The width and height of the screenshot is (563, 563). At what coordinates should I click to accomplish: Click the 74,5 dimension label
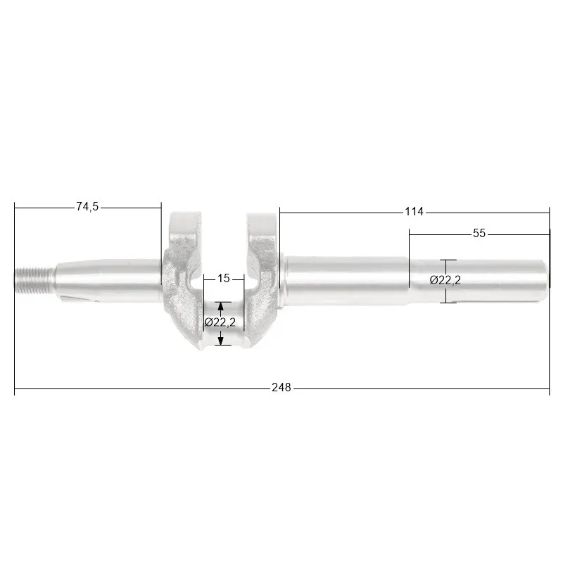click(87, 206)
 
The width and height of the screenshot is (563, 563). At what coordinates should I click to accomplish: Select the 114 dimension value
click(414, 212)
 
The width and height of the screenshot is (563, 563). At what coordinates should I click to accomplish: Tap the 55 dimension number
click(479, 234)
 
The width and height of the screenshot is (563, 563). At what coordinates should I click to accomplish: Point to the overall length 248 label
click(281, 388)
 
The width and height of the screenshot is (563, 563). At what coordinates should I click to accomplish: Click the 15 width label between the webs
click(223, 278)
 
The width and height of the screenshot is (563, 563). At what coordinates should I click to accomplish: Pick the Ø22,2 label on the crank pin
click(220, 322)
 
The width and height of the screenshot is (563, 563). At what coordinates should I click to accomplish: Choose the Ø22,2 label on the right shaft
click(445, 280)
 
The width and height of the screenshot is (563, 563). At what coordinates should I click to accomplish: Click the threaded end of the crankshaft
click(34, 280)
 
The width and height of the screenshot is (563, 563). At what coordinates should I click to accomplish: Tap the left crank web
click(183, 280)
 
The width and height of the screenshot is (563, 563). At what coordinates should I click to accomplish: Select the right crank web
click(262, 280)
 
